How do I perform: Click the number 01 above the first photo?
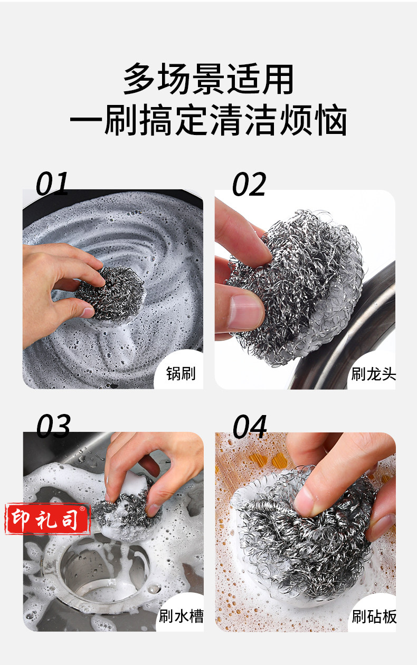[52, 183]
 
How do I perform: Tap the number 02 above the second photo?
[249, 184]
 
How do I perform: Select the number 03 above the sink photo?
[53, 426]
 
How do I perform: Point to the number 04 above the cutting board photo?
[250, 427]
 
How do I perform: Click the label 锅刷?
[181, 373]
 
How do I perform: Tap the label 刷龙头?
[373, 374]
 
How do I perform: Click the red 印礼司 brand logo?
[48, 519]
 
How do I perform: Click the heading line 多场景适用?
[209, 79]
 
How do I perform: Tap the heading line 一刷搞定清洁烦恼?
[209, 120]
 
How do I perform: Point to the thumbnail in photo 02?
[246, 312]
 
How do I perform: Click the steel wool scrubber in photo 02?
[297, 286]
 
